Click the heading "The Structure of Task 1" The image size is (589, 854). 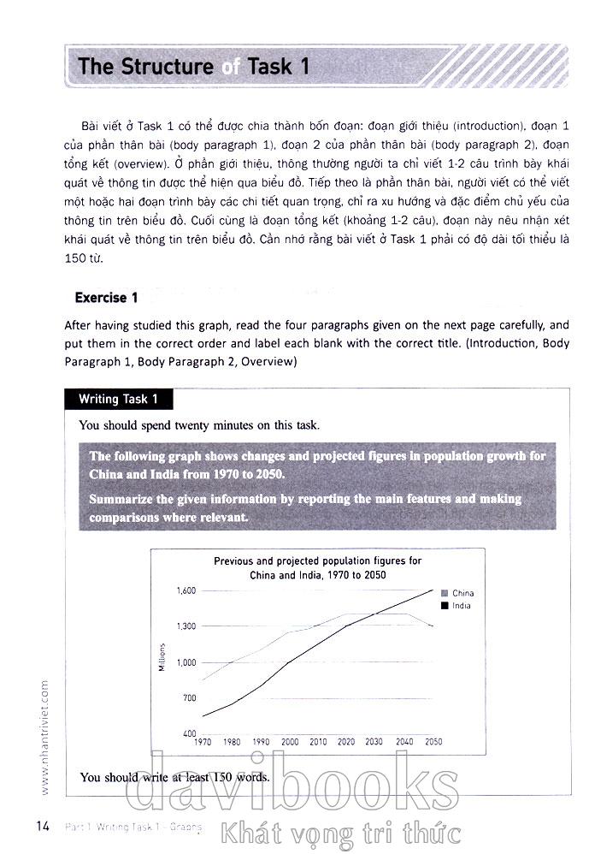coord(193,67)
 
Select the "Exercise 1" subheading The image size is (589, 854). coord(106,298)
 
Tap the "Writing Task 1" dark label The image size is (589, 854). coord(118,399)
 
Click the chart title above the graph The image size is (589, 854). coord(317,568)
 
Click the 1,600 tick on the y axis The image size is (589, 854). coord(186,590)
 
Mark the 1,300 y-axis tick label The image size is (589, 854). coord(186,626)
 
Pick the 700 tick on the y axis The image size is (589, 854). coord(189,698)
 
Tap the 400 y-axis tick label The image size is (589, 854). coord(189,734)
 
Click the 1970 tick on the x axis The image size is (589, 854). coord(203,742)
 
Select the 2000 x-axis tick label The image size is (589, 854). coord(289,742)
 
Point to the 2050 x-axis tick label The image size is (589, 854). coord(433,742)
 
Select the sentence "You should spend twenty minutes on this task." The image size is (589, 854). coord(199,424)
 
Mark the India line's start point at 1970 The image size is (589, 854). coord(203,716)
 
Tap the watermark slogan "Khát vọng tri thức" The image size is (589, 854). coord(340,832)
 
